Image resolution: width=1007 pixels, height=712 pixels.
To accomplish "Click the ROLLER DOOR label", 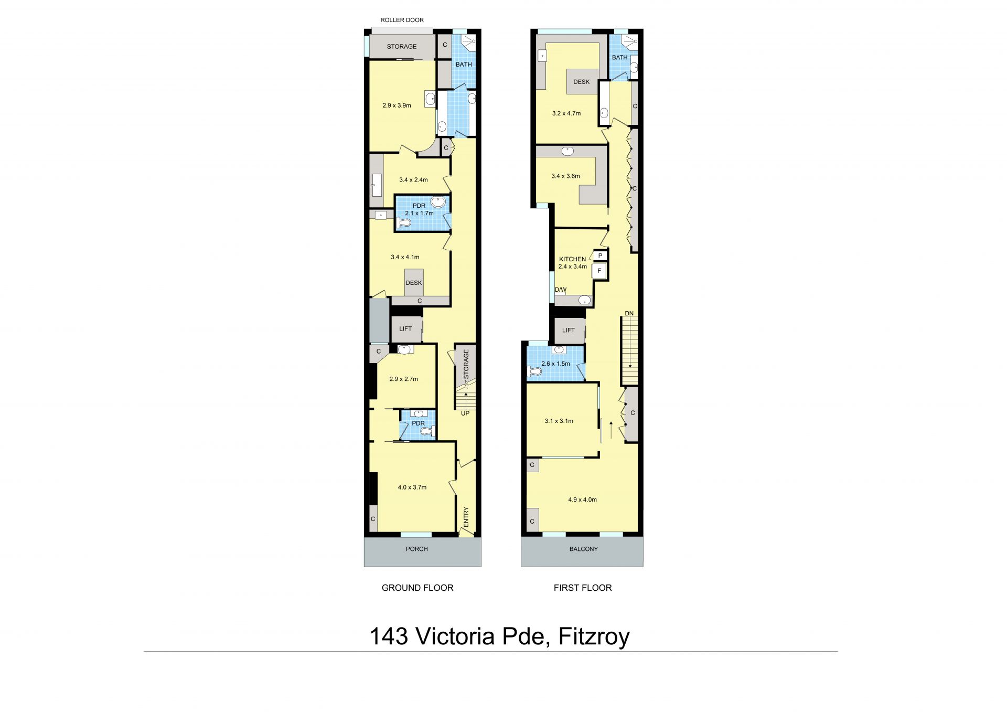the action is click(x=402, y=20).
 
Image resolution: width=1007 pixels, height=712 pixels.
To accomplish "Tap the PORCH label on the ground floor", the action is click(x=417, y=549).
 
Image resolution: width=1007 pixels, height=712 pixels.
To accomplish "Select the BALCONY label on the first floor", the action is click(x=584, y=549).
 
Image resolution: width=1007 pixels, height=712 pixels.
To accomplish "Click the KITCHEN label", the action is click(x=572, y=259).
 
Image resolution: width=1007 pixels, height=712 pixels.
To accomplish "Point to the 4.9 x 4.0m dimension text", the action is click(x=582, y=500).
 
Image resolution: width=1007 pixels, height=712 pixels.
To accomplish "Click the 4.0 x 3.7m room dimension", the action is click(x=412, y=487).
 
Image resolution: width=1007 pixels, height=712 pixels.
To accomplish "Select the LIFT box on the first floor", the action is click(x=570, y=330).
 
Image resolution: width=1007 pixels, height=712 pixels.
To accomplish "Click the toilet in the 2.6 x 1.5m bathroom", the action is click(x=534, y=371).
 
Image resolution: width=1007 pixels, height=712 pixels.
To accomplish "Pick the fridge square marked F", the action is click(x=599, y=271).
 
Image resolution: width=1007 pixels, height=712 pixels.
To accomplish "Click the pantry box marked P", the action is click(x=599, y=256).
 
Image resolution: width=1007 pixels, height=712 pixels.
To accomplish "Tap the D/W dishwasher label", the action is click(x=561, y=290).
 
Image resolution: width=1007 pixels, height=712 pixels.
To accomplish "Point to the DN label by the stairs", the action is click(x=629, y=313).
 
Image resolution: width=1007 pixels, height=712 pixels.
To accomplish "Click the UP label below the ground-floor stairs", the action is click(x=465, y=413).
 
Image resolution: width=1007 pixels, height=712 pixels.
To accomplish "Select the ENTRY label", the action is click(x=466, y=517).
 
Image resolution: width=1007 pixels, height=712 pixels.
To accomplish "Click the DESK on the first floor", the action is click(x=582, y=82).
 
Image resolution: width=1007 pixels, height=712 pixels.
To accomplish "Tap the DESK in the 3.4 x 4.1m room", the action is click(x=414, y=283).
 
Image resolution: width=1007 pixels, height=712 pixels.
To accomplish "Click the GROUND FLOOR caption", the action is click(x=417, y=588).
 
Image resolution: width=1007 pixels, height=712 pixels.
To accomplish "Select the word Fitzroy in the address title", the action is click(x=594, y=636).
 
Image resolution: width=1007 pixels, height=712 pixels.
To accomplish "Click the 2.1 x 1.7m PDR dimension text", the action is click(x=419, y=213).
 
